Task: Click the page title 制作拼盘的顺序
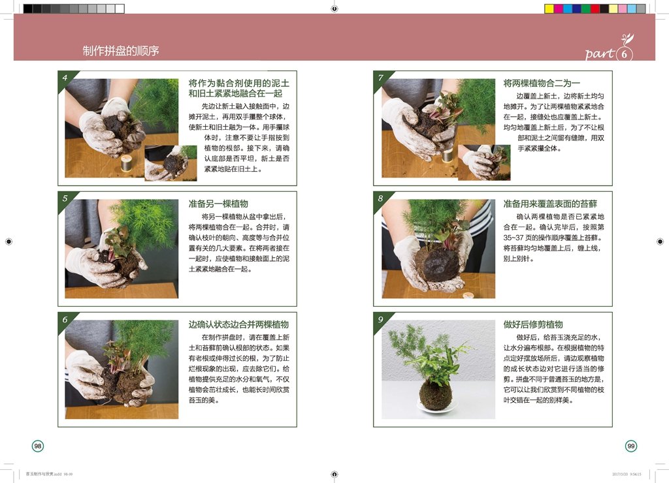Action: [x=121, y=51]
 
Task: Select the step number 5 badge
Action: [x=65, y=198]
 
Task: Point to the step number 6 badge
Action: [x=65, y=319]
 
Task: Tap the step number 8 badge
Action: [x=381, y=198]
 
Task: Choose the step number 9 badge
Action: [x=381, y=319]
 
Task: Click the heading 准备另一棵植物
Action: [x=218, y=204]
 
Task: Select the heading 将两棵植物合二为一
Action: [x=542, y=83]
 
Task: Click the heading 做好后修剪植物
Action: [x=533, y=324]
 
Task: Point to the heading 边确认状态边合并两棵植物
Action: [x=238, y=324]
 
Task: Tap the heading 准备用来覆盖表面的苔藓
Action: [x=550, y=204]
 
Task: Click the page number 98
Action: [x=38, y=446]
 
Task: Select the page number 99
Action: [x=630, y=446]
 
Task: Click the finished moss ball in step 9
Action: [x=435, y=394]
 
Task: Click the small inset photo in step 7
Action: [x=483, y=163]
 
